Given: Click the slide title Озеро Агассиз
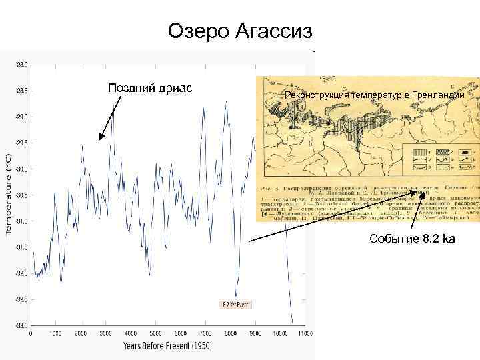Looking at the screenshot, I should (x=240, y=31).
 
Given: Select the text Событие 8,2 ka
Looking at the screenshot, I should (x=412, y=239).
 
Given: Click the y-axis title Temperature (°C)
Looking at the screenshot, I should (x=9, y=193).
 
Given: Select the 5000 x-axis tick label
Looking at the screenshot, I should (x=155, y=333).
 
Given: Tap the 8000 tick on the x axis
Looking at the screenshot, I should (x=231, y=333).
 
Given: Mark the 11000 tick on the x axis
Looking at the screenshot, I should (x=305, y=333).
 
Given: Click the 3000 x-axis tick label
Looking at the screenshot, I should (x=105, y=333).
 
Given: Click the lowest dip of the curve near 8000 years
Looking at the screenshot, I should (x=235, y=295).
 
